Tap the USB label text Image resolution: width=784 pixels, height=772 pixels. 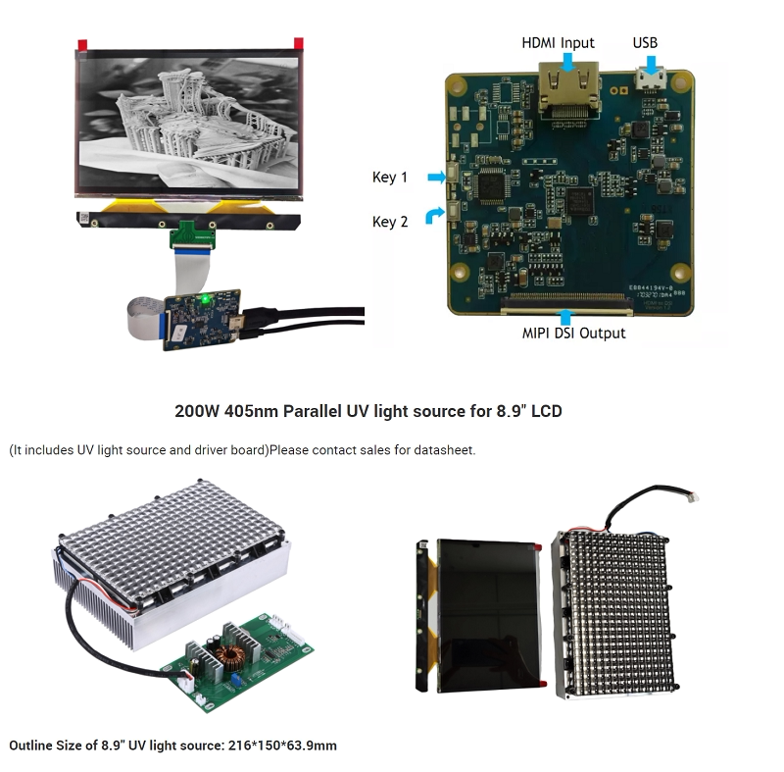pos(646,43)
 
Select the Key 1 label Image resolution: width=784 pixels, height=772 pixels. pos(390,178)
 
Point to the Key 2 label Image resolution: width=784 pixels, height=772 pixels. pos(390,222)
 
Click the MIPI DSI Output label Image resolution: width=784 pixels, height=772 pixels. pos(573,334)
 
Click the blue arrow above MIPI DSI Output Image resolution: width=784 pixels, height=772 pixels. pos(564,316)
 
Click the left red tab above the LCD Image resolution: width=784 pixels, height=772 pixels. pos(82,43)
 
